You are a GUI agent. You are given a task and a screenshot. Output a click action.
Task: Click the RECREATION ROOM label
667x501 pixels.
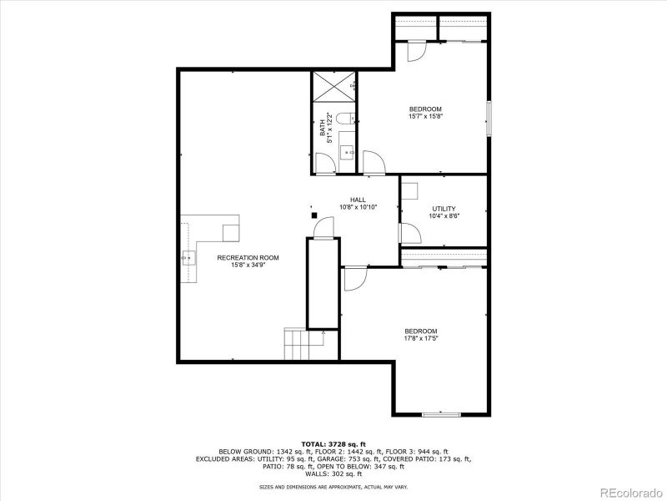(248, 258)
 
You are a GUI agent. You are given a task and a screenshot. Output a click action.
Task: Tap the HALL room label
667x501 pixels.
(358, 200)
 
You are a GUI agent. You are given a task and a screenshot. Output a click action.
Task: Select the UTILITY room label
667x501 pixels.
(444, 209)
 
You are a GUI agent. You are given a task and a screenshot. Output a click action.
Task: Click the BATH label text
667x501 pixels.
(323, 129)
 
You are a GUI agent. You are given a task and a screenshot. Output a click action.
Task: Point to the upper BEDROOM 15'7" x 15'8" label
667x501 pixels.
(424, 109)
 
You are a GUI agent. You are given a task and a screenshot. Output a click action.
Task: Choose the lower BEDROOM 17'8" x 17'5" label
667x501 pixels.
(421, 331)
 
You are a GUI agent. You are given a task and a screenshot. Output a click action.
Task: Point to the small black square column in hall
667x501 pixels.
(314, 215)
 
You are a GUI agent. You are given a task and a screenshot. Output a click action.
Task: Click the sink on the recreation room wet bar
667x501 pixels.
(189, 258)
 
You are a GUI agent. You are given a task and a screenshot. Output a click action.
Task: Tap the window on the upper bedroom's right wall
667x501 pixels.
(489, 116)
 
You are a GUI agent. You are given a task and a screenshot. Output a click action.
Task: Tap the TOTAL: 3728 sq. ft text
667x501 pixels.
(333, 443)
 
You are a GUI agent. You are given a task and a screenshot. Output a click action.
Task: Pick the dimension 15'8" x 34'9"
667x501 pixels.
(248, 266)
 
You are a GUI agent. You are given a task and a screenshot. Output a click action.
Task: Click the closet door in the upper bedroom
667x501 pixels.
(414, 50)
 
